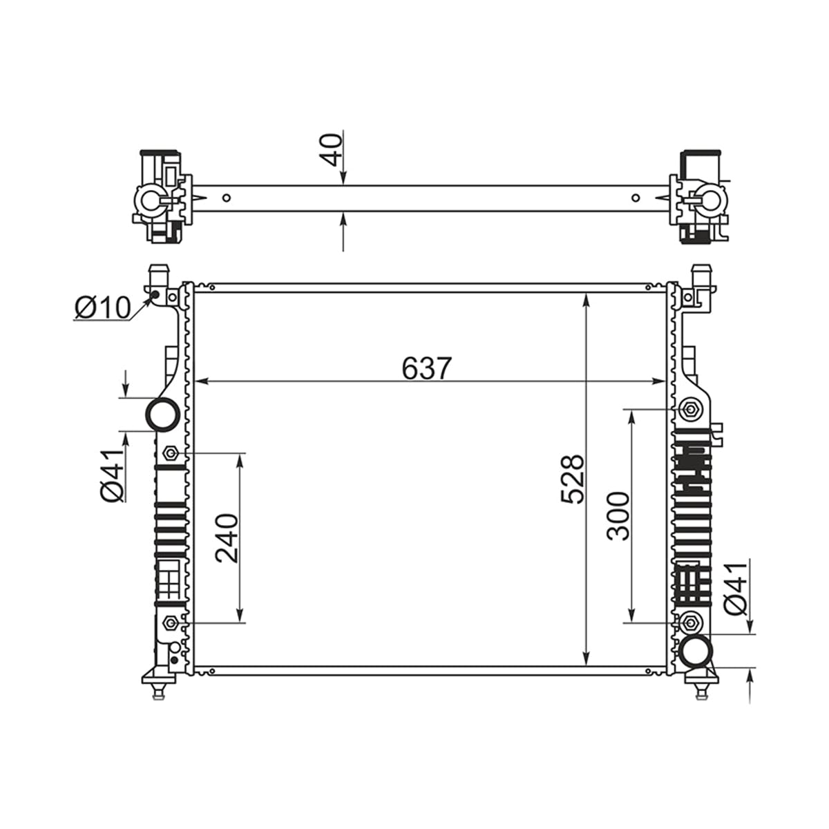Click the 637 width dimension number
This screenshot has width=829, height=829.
click(427, 368)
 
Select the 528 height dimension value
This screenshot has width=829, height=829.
click(573, 479)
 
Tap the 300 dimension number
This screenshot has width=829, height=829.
click(618, 516)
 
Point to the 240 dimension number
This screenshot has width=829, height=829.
click(227, 538)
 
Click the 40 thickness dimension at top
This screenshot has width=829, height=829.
click(331, 150)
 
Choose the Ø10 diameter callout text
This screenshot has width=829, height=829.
click(102, 307)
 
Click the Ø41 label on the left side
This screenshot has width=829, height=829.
click(113, 475)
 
